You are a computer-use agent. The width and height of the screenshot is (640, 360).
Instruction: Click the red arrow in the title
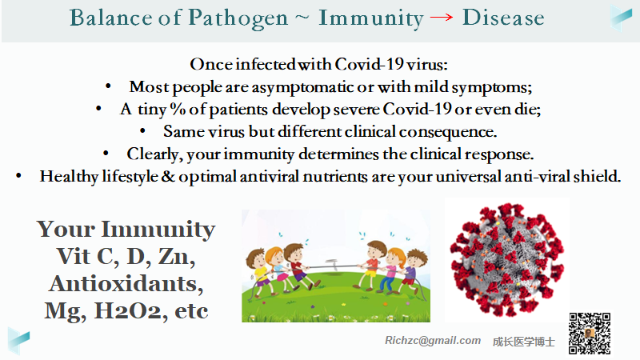pos(442,17)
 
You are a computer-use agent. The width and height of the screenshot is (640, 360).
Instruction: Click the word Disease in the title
pos(503,18)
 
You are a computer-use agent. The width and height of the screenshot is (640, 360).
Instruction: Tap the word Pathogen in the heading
pos(238,18)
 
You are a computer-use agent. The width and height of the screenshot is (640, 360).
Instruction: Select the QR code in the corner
pos(590,334)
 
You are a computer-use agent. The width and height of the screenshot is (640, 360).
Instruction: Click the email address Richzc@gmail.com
pos(433,341)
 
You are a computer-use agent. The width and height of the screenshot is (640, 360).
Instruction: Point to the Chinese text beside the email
pos(524,342)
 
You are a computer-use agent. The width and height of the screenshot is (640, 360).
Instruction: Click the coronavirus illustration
pos(507,261)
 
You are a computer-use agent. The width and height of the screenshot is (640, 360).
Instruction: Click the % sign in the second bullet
pos(178,109)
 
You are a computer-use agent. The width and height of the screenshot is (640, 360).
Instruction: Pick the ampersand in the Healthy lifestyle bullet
pos(168,176)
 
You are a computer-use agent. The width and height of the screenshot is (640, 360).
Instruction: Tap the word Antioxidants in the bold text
pos(126,284)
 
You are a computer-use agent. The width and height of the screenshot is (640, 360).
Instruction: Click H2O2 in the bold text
pos(128,310)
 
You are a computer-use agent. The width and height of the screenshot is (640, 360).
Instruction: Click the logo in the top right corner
pos(622,18)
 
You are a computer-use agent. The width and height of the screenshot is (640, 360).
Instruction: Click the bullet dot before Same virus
pos(142,131)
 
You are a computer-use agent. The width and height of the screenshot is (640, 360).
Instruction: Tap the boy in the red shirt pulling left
pos(297,266)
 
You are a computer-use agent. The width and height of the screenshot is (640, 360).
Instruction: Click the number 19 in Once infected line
pos(394,64)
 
